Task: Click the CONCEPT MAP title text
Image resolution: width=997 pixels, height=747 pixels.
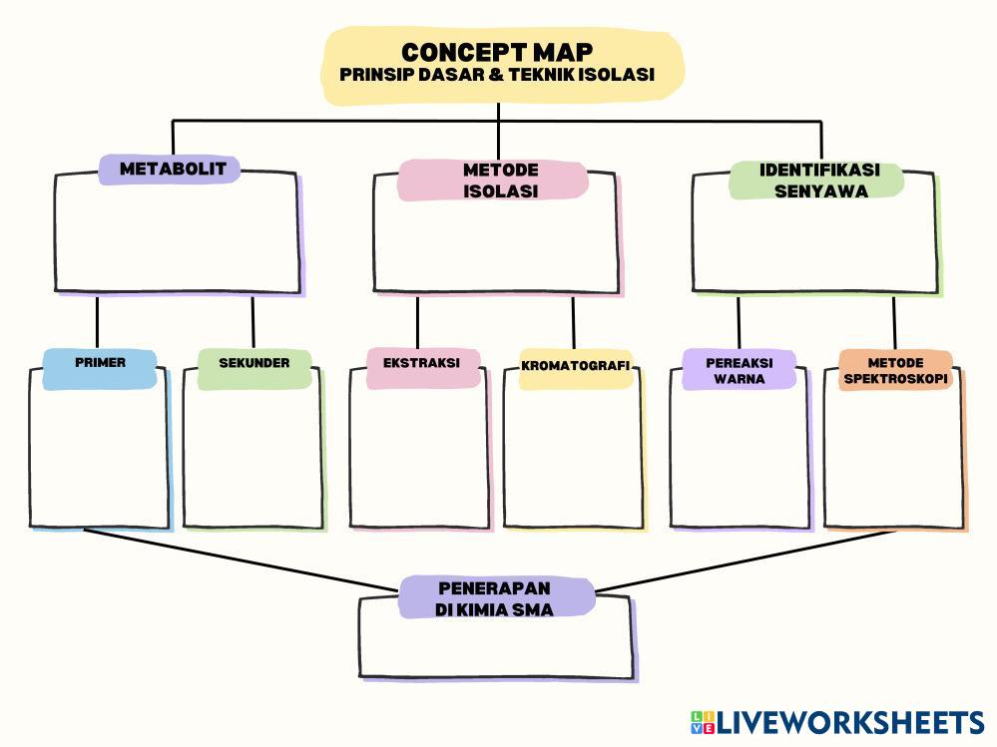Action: [x=497, y=51]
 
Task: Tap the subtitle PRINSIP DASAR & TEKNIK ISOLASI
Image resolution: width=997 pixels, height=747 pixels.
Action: [x=497, y=75]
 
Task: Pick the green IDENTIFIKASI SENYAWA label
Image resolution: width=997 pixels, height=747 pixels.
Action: [x=819, y=181]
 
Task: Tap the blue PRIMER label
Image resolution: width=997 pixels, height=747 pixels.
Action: [x=100, y=363]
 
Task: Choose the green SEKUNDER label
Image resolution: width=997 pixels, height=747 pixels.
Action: [x=254, y=363]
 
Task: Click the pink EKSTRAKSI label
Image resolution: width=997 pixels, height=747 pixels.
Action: [x=421, y=363]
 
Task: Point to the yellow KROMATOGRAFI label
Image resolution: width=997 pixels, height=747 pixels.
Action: [x=576, y=366]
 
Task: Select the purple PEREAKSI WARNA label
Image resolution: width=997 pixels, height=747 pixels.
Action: [x=740, y=370]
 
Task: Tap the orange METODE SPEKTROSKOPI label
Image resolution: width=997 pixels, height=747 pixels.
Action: [x=895, y=370]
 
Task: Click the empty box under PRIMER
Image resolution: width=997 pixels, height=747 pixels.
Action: [x=99, y=459]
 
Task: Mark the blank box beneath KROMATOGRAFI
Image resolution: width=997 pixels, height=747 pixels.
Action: [x=573, y=459]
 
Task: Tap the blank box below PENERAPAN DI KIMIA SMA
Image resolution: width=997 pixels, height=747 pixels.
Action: [x=495, y=648]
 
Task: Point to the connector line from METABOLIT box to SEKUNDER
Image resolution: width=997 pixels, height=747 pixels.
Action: [x=252, y=321]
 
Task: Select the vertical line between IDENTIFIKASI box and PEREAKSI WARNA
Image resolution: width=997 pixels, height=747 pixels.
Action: [x=739, y=321]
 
